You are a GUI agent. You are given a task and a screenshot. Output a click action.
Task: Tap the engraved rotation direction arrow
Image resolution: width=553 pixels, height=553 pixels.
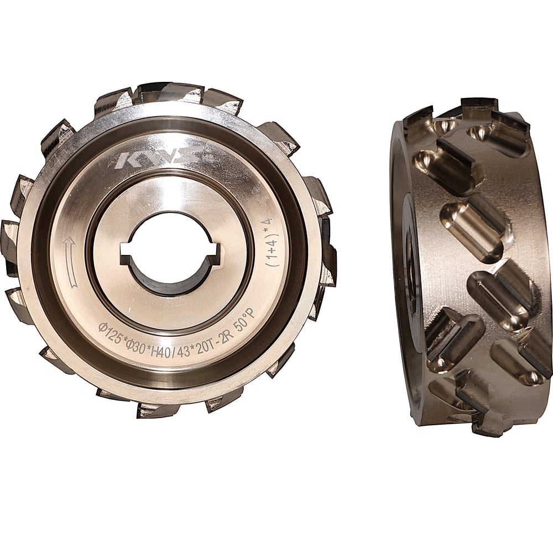click(70, 263)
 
